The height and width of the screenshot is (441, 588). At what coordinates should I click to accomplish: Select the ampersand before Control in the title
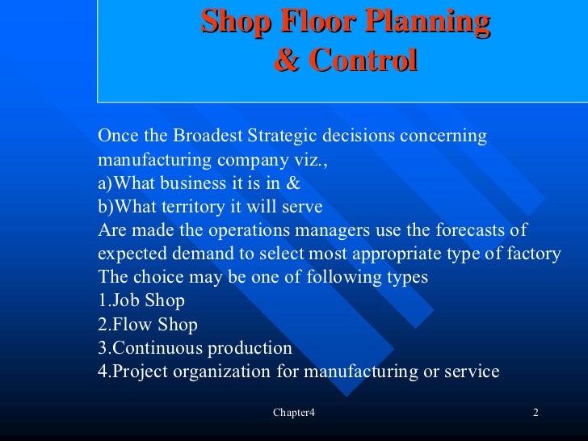coord(286,61)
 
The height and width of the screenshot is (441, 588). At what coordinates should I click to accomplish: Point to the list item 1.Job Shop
coord(141,301)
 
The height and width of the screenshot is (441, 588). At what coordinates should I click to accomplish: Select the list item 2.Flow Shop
coord(147,325)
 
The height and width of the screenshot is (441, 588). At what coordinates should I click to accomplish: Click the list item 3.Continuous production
coord(195,348)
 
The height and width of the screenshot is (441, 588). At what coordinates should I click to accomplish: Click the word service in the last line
coord(471,372)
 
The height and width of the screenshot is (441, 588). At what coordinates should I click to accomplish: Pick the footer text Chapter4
coord(293,414)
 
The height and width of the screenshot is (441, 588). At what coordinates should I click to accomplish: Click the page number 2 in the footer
coord(535,414)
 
